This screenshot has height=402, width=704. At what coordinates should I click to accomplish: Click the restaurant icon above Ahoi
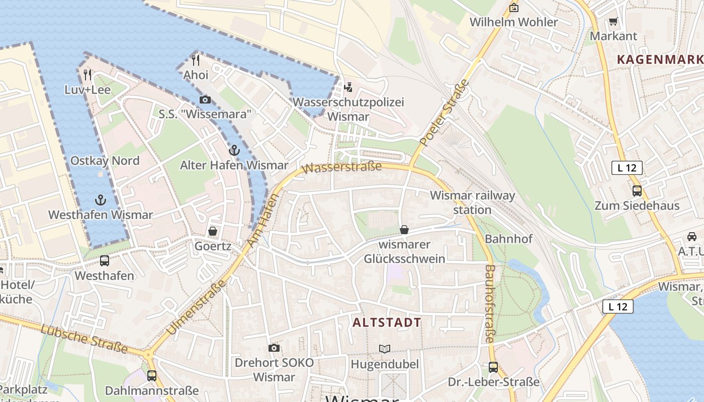click(196, 60)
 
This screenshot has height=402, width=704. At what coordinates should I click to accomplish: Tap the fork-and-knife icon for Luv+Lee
click(87, 75)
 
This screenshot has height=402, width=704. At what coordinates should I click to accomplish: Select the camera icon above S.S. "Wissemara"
click(205, 99)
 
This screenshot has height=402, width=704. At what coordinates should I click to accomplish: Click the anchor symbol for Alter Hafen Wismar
click(234, 150)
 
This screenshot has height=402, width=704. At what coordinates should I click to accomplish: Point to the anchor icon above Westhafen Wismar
click(101, 200)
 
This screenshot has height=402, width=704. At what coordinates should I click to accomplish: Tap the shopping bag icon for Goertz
click(213, 231)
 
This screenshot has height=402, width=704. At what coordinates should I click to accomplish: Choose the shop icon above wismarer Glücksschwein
click(404, 230)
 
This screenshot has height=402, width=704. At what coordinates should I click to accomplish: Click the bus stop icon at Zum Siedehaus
click(637, 191)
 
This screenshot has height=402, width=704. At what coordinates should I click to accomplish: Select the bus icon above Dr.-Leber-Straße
click(493, 367)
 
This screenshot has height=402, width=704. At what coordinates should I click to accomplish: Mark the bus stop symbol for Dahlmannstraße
click(151, 376)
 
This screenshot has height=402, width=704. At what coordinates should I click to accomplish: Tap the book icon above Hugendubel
click(385, 349)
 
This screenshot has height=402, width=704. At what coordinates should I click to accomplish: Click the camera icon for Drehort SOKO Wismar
click(274, 348)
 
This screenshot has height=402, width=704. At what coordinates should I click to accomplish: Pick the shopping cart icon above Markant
click(613, 21)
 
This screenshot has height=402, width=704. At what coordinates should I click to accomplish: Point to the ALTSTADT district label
click(387, 323)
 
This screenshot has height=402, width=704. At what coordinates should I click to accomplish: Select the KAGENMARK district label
click(659, 59)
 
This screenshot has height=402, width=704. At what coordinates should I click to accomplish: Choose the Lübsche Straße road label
click(83, 339)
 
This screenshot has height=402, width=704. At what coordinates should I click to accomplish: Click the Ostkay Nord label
click(105, 161)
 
